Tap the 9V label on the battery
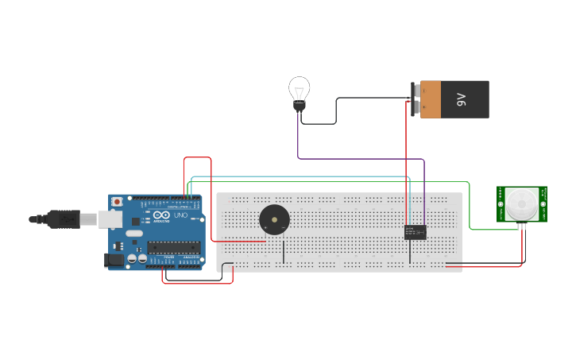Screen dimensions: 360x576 pos(461,99)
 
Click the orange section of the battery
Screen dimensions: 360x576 pos(430,99)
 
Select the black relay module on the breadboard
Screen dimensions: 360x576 pos(415,232)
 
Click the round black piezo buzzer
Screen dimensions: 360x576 pos(274,219)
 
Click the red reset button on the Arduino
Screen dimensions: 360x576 pos(117,201)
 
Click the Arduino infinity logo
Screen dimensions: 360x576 pos(161,215)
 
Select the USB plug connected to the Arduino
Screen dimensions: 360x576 pos(64,218)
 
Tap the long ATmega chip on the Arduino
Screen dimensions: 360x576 pos(173,247)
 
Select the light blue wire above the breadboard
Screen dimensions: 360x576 pos(302,177)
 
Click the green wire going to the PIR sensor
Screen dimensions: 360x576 pos(470,207)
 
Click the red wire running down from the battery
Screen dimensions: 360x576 pos(407,159)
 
